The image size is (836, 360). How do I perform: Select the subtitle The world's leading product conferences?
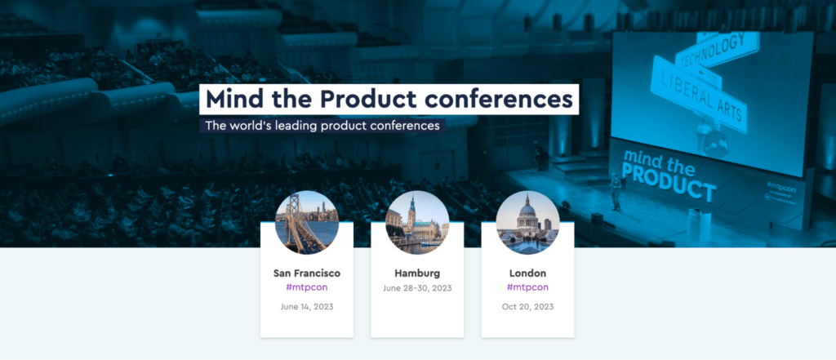(x=322, y=126)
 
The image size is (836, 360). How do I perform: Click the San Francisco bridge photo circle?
(x=307, y=222)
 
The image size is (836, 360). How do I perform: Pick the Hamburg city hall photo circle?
(x=417, y=222)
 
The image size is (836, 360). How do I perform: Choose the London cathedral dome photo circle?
(x=528, y=222)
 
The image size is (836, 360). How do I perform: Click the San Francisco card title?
(x=307, y=273)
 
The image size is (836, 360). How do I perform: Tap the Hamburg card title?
(x=417, y=273)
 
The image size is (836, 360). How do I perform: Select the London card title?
(x=528, y=273)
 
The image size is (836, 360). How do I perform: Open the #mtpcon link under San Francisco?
(x=307, y=287)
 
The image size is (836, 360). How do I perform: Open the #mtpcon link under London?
(x=528, y=287)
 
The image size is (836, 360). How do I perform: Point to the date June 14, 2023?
(x=307, y=307)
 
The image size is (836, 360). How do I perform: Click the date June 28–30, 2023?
(x=417, y=288)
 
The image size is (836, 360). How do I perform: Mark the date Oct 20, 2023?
(x=528, y=307)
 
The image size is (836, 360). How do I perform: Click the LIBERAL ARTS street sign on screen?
(x=699, y=93)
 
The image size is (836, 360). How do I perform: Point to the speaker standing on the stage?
(x=616, y=192)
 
